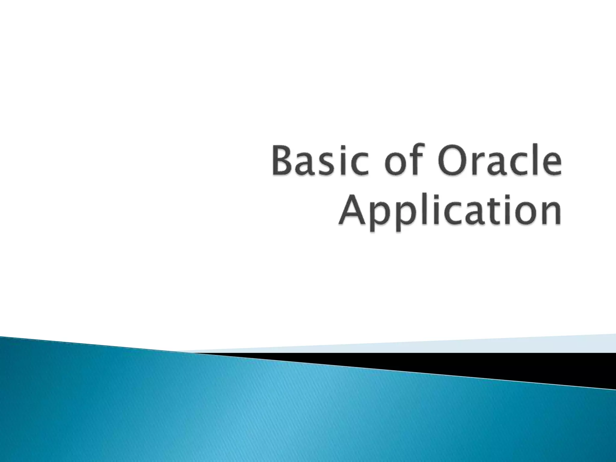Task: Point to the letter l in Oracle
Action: click(x=535, y=162)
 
